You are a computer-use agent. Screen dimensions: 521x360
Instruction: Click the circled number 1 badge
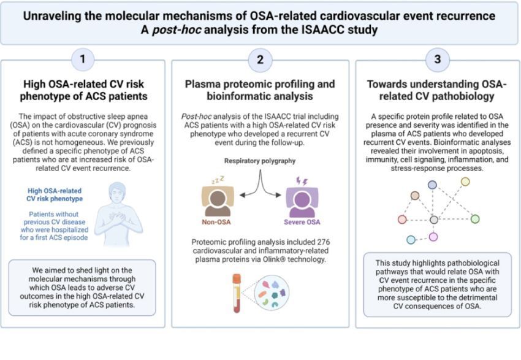[82, 59]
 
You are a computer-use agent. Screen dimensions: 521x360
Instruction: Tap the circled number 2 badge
[260, 60]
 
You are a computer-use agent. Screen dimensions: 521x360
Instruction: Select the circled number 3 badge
[438, 59]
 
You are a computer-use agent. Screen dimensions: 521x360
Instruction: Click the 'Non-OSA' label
[216, 222]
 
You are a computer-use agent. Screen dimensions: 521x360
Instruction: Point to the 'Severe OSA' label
[302, 222]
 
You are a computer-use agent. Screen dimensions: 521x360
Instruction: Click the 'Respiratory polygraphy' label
[260, 161]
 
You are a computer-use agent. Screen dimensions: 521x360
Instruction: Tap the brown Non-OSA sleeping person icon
[218, 201]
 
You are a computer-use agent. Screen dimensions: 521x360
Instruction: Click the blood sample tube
[237, 293]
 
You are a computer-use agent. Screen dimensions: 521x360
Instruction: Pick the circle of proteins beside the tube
[272, 293]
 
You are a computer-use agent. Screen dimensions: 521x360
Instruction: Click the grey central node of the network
[434, 220]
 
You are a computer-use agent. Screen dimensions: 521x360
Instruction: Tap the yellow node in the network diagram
[465, 182]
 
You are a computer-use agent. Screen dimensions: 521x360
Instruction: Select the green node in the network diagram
[475, 219]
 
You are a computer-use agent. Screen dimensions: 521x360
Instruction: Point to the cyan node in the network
[411, 240]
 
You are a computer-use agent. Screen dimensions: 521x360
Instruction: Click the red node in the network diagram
[402, 220]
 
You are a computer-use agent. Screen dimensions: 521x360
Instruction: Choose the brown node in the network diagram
[415, 196]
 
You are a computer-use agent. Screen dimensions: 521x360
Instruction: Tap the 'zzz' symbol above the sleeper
[218, 180]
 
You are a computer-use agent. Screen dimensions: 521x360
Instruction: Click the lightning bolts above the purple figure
[302, 181]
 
